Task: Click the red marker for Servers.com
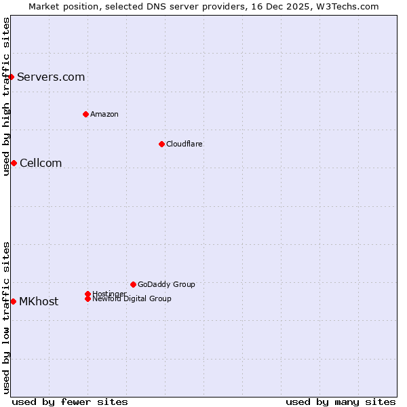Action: click(x=12, y=77)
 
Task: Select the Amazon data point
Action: click(x=85, y=114)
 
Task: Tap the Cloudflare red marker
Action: click(x=161, y=144)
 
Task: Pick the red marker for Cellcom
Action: click(x=14, y=163)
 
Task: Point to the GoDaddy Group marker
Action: click(x=133, y=284)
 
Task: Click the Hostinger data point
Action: click(x=88, y=294)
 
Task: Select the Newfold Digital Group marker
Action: click(x=88, y=298)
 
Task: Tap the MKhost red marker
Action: click(x=13, y=301)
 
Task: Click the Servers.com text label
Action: click(x=51, y=77)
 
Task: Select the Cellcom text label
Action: click(x=41, y=163)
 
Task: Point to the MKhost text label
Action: click(x=39, y=301)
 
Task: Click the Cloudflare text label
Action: click(x=184, y=144)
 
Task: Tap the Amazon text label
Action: click(x=104, y=114)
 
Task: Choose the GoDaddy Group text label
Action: click(x=166, y=284)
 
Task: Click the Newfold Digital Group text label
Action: click(x=132, y=299)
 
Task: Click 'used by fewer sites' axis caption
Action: click(x=70, y=402)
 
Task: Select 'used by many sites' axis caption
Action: click(x=341, y=402)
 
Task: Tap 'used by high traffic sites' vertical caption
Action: click(x=6, y=96)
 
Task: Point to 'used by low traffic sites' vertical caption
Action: click(x=6, y=317)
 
